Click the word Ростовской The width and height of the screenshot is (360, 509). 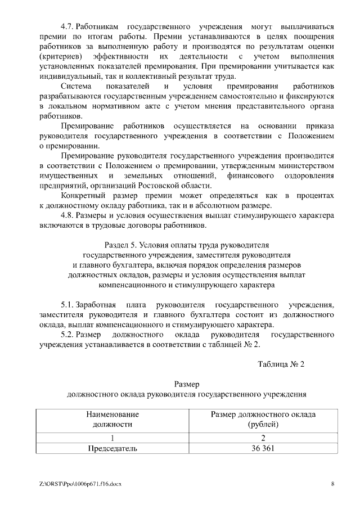click(168, 186)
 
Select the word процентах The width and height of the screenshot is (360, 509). click(316, 195)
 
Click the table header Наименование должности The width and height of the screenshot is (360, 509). click(112, 419)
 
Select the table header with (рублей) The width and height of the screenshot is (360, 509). click(263, 419)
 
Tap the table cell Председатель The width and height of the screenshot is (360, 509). click(112, 448)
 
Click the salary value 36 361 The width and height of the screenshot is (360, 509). click(263, 448)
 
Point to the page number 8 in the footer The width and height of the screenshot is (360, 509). click(332, 484)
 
